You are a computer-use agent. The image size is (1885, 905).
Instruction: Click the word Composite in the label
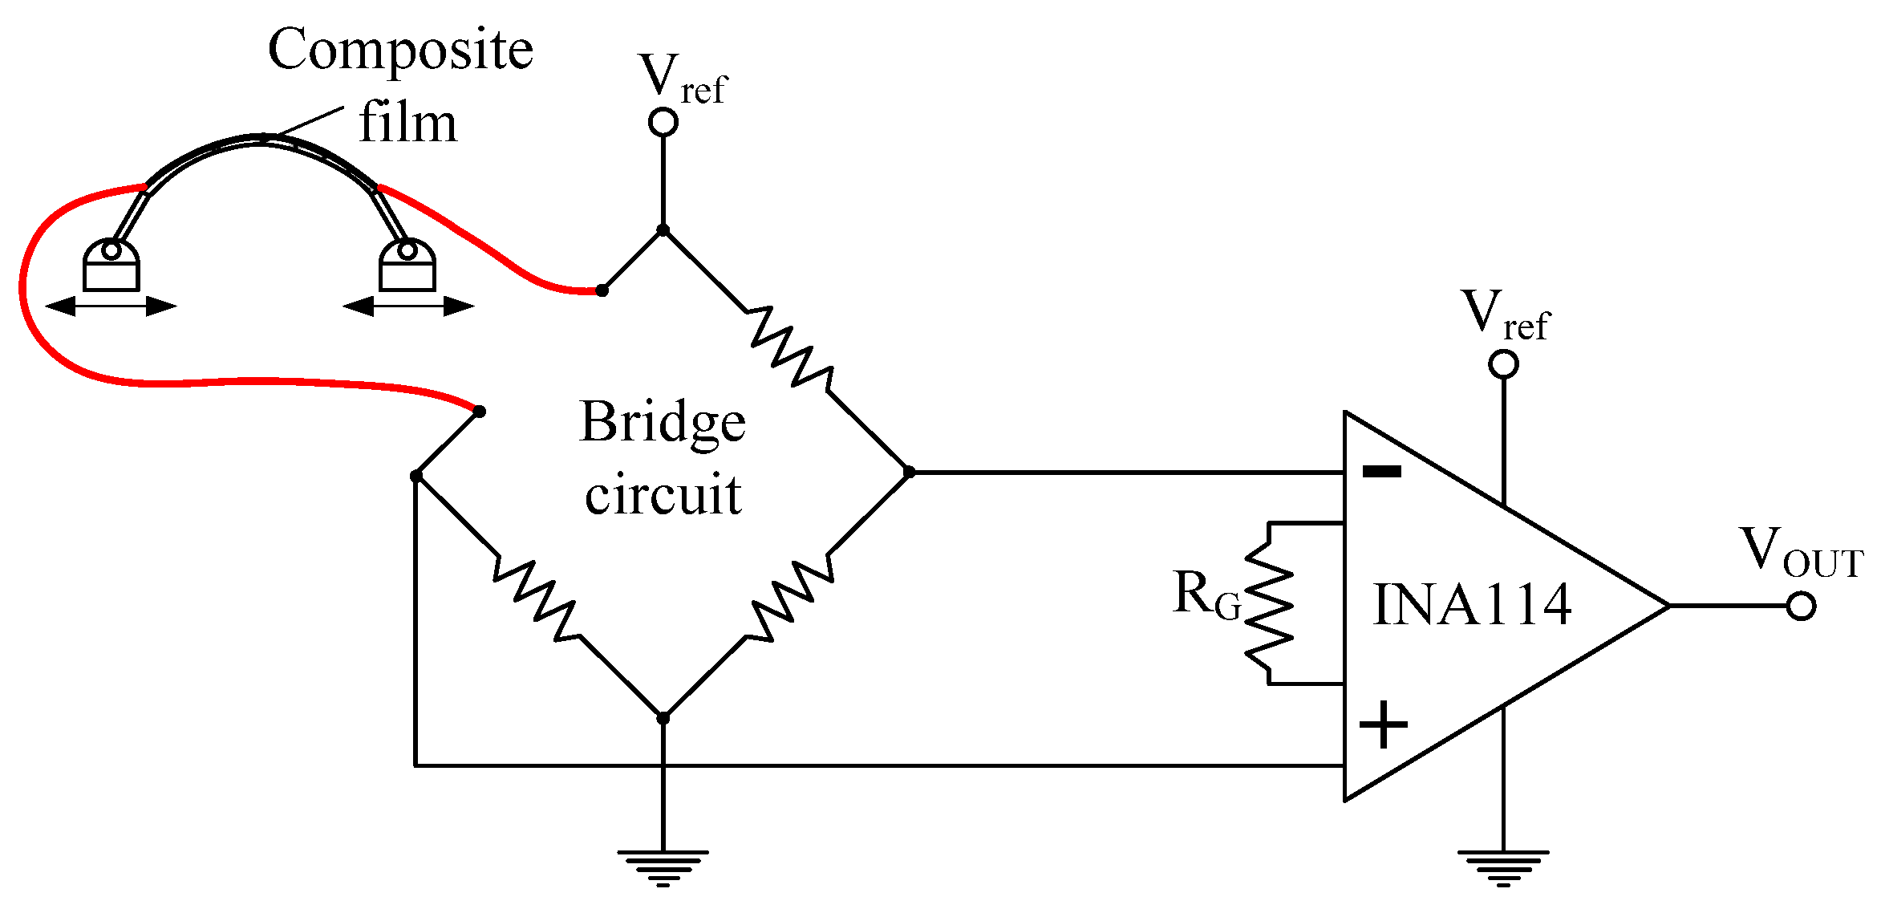pyautogui.click(x=399, y=50)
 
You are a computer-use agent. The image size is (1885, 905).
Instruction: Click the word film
pyautogui.click(x=407, y=123)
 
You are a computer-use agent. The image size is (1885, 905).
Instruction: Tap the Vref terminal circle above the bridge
pyautogui.click(x=663, y=122)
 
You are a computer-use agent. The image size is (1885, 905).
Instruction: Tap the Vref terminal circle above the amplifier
pyautogui.click(x=1502, y=364)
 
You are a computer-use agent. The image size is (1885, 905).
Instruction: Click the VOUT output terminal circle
pyautogui.click(x=1801, y=606)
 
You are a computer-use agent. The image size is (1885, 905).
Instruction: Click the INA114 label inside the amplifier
pyautogui.click(x=1472, y=605)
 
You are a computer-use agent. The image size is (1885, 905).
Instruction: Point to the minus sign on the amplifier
pyautogui.click(x=1382, y=472)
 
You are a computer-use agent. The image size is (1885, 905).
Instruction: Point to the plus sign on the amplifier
pyautogui.click(x=1383, y=724)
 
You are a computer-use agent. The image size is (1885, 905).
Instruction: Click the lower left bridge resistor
pyautogui.click(x=535, y=599)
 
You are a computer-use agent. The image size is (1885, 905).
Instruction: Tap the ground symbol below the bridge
pyautogui.click(x=663, y=866)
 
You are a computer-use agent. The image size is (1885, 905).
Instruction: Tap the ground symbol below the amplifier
pyautogui.click(x=1502, y=866)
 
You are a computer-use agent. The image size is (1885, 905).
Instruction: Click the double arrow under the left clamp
pyautogui.click(x=111, y=306)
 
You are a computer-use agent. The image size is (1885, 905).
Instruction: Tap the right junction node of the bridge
pyautogui.click(x=908, y=472)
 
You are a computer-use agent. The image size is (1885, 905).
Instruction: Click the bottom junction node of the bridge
pyautogui.click(x=663, y=717)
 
